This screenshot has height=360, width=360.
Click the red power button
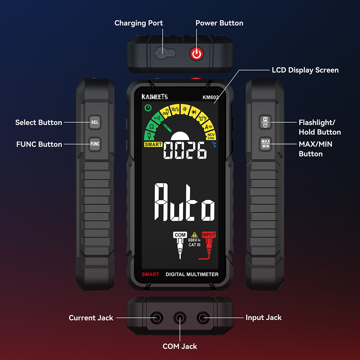196,54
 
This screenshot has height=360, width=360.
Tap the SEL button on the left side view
95,122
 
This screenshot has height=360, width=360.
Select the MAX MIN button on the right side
265,144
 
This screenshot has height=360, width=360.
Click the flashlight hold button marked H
265,122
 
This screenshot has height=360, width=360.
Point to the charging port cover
165,53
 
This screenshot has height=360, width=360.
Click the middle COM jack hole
180,318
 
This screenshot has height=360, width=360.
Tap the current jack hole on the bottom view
157,318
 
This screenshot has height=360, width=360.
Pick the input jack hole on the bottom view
203,318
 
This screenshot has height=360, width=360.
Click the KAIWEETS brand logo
154,96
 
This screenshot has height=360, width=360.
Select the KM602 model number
210,97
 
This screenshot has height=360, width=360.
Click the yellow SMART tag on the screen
153,144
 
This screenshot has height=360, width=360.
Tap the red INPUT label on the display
209,235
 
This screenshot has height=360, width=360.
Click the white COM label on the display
180,235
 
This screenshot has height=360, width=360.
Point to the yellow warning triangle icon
194,234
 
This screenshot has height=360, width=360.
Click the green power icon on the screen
148,107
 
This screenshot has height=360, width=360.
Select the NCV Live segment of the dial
211,136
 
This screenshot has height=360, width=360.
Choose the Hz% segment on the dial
175,109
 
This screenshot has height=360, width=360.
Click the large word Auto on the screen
184,202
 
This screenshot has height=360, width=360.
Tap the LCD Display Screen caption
305,70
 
